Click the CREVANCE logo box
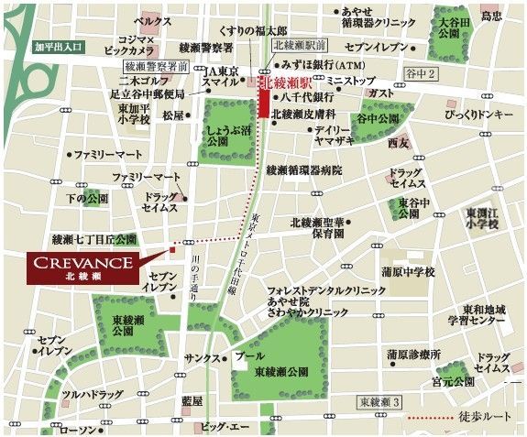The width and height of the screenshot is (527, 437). click(x=80, y=267)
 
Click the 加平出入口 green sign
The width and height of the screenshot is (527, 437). click(x=60, y=45)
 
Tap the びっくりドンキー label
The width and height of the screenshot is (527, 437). click(x=479, y=115)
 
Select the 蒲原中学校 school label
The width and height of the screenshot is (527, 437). click(x=410, y=272)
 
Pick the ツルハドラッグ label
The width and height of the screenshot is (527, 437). click(x=92, y=395)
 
